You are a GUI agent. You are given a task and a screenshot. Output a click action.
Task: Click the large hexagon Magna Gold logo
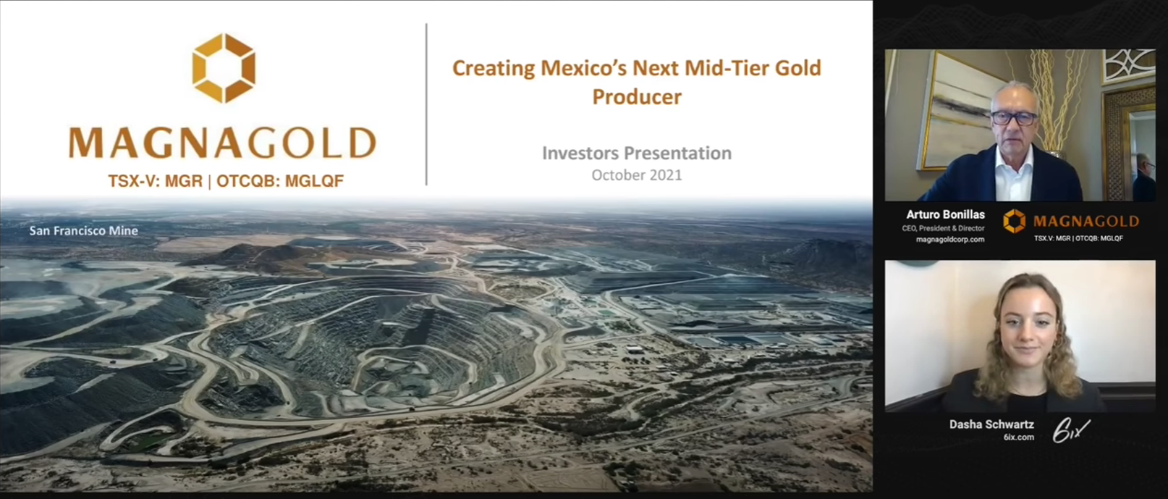224,68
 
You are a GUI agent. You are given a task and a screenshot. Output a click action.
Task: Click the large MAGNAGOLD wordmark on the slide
223,143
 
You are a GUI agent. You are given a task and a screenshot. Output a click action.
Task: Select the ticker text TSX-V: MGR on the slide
156,181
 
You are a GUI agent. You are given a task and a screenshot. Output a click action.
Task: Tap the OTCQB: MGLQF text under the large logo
280,181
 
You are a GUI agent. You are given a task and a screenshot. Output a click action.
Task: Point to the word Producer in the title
637,97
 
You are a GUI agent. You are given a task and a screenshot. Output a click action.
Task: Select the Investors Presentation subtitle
637,153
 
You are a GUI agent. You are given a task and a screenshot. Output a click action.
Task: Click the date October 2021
637,175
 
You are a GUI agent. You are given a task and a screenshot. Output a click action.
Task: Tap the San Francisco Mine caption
83,231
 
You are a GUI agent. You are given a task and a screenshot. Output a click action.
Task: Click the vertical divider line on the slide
426,104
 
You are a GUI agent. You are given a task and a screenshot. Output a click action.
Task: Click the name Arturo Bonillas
945,214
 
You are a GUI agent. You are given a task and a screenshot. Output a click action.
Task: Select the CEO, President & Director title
943,228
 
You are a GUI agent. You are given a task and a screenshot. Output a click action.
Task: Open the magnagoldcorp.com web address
950,240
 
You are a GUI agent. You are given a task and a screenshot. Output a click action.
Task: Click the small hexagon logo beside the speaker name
1014,221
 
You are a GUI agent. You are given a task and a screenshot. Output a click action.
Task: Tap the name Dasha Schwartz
991,424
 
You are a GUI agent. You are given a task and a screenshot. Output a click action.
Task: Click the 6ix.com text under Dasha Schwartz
1018,437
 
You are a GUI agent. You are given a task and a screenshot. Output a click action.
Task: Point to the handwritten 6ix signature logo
1070,431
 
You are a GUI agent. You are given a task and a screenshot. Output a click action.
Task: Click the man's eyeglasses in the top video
1014,119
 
